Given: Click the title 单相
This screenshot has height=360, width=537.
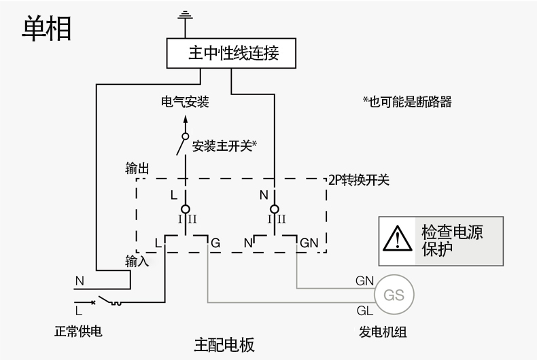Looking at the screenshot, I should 46,29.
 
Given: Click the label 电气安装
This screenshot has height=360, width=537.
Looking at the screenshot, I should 185,103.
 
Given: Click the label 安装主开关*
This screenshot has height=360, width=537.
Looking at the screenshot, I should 224,145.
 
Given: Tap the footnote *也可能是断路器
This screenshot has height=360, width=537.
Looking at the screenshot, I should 407,102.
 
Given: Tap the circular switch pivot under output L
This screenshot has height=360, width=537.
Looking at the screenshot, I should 185,209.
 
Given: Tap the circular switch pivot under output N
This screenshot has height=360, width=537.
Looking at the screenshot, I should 274,209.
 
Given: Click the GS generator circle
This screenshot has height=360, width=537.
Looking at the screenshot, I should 394,295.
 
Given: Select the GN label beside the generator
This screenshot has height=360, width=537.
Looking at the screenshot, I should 364,280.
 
